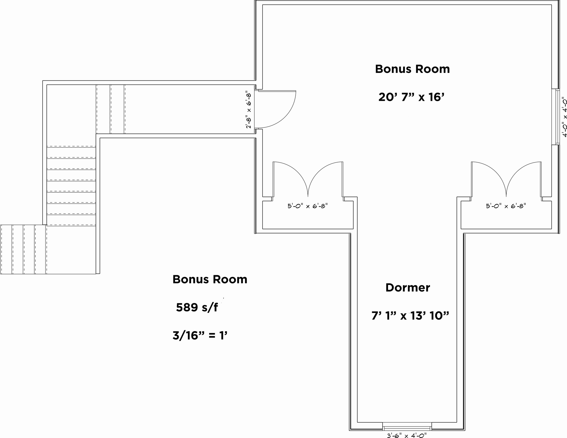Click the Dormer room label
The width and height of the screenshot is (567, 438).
click(x=408, y=288)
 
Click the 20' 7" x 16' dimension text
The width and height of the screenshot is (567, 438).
click(x=411, y=97)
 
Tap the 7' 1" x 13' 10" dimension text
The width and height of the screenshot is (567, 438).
click(x=410, y=316)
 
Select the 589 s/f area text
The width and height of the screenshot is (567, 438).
click(x=197, y=307)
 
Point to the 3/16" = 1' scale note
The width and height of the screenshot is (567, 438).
click(x=200, y=335)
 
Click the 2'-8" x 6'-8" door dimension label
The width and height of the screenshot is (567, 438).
click(x=249, y=111)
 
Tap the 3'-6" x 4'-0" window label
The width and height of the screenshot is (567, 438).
click(x=407, y=435)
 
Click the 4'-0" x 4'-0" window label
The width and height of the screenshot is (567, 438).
click(x=564, y=117)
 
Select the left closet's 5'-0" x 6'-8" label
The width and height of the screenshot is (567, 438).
click(x=308, y=206)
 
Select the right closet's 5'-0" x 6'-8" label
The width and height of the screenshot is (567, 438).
click(x=506, y=206)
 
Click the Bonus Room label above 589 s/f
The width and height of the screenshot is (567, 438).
click(x=210, y=279)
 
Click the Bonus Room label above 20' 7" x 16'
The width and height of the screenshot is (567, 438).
click(x=412, y=69)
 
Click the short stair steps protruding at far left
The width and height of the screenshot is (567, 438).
click(x=23, y=249)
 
